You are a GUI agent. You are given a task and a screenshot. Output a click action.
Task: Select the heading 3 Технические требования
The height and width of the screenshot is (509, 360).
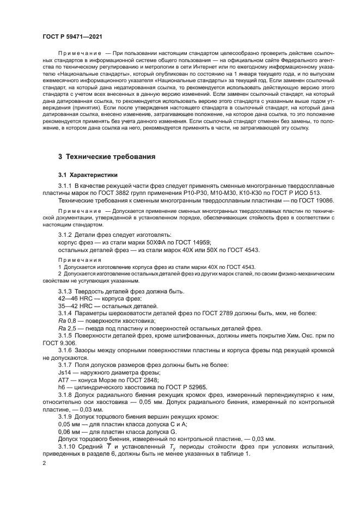coord(107,157)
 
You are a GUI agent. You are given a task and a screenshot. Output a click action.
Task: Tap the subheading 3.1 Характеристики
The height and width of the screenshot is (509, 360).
coord(88,175)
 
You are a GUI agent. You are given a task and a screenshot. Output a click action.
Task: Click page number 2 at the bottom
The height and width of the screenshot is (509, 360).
coord(44,462)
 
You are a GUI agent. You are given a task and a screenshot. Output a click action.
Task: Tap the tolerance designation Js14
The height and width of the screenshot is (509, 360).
coord(64,372)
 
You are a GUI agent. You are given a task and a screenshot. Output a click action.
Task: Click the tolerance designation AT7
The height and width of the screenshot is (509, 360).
coord(64,379)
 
